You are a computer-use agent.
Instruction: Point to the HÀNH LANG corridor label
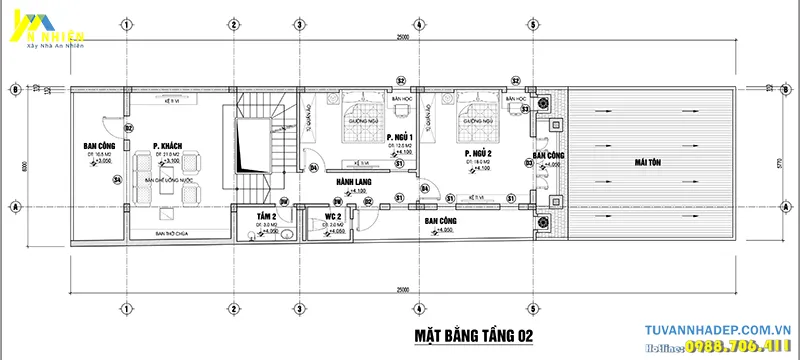pyautogui.click(x=353, y=181)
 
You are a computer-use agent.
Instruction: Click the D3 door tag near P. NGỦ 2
pyautogui.click(x=528, y=162)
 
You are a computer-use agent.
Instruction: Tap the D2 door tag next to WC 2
pyautogui.click(x=368, y=201)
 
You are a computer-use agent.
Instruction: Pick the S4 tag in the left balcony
pyautogui.click(x=117, y=180)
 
